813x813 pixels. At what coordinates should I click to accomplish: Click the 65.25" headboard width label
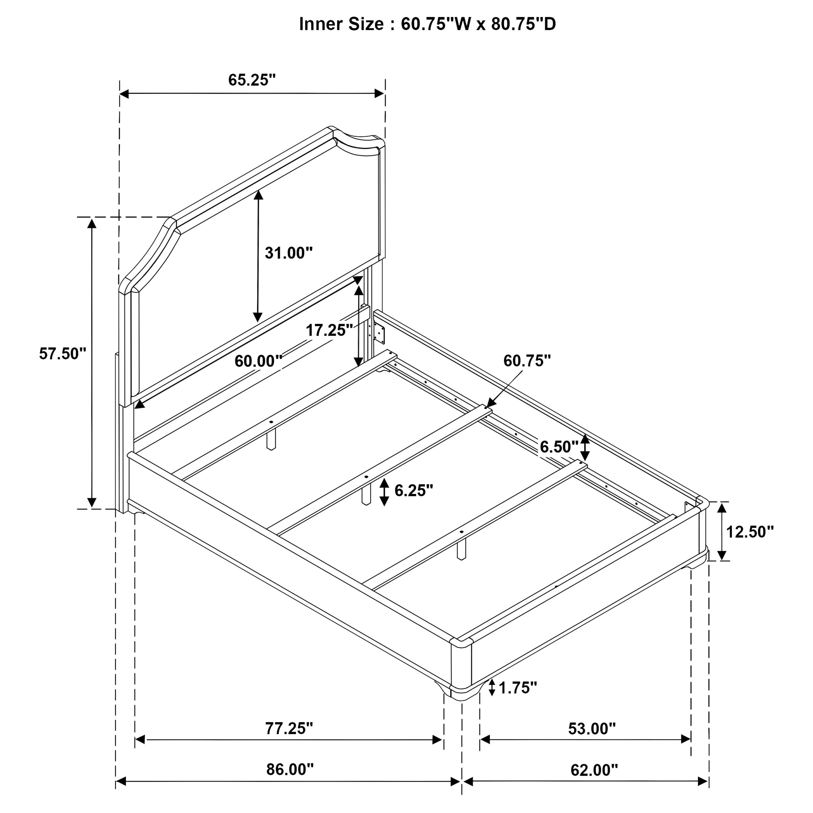click(x=252, y=80)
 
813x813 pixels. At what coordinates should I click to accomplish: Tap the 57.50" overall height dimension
click(x=62, y=353)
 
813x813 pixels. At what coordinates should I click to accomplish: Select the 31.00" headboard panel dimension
click(x=289, y=253)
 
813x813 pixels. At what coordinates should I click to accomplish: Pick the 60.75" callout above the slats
click(x=527, y=361)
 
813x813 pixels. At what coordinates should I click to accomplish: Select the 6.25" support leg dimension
click(x=414, y=490)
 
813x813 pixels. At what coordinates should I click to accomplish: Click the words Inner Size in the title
click(x=341, y=24)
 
